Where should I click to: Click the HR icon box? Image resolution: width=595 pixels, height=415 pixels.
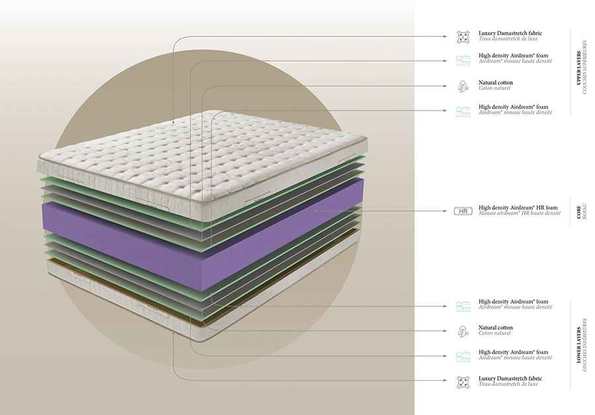463,211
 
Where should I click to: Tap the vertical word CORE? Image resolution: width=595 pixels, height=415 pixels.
578,212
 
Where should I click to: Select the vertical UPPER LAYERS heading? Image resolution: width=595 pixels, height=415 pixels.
578,68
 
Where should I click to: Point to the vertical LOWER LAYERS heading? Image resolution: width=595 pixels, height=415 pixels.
578,345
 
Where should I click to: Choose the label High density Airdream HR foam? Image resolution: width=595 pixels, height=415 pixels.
518,208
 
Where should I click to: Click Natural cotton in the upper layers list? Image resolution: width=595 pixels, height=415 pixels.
496,83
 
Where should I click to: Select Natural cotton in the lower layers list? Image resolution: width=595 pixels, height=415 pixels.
496,328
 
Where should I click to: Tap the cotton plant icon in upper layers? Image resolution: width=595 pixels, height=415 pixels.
463,86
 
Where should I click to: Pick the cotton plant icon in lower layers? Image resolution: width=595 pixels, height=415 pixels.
463,332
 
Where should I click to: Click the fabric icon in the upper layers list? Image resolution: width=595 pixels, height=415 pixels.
463,37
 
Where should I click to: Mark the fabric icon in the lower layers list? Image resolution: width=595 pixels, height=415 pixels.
463,382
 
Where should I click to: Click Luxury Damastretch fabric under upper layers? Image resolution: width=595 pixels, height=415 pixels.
510,34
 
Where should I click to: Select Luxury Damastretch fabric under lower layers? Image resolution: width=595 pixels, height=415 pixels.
510,379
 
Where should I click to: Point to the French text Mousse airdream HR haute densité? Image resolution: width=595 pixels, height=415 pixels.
520,213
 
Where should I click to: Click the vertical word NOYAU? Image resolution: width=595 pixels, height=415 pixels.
585,212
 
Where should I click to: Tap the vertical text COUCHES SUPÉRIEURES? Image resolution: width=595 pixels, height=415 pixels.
585,68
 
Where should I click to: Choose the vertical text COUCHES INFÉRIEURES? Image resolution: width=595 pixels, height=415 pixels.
585,345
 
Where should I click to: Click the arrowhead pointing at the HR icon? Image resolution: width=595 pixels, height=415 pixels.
446,211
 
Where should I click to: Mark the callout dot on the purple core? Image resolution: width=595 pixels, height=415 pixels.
315,210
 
